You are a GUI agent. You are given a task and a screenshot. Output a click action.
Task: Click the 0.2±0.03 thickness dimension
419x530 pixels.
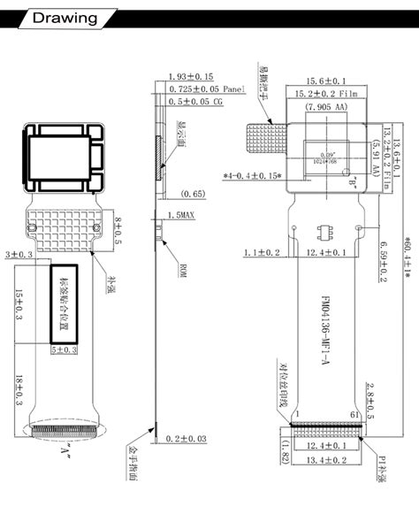click(189, 439)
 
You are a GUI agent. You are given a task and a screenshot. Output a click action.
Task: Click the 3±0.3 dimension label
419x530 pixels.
click(17, 255)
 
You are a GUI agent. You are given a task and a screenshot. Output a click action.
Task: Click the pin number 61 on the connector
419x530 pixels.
click(356, 416)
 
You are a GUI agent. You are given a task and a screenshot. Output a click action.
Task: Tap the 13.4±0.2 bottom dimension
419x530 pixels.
click(325, 461)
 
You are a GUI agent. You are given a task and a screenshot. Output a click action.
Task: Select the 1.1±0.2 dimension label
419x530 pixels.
click(262, 253)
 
